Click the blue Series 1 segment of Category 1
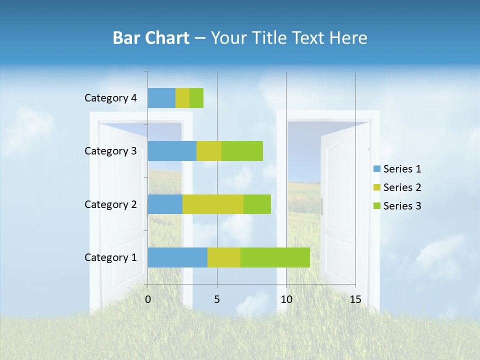177,257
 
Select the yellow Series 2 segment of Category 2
213,204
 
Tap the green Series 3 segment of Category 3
242,151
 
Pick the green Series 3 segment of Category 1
275,257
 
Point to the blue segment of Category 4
161,98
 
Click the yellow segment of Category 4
182,98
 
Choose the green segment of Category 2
257,204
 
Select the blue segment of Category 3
172,151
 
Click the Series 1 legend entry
397,169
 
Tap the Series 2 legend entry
397,187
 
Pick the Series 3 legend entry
397,206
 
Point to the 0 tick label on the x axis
148,299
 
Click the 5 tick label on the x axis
217,299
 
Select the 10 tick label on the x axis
286,299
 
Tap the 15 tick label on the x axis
355,299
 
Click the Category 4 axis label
110,98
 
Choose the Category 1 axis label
110,257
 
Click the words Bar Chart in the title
151,38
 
